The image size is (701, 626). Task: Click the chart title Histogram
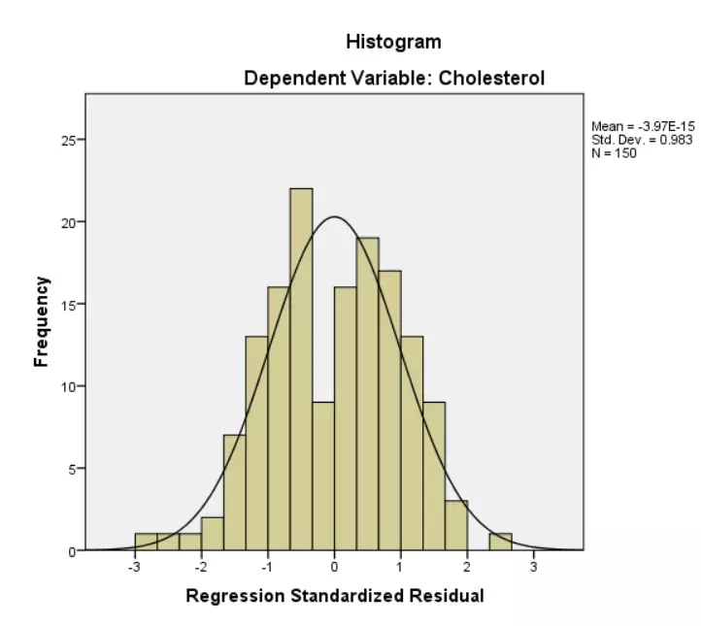point(393,42)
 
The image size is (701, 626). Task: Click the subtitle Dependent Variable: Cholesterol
point(393,78)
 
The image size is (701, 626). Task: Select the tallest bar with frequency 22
point(301,369)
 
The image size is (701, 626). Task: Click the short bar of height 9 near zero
point(323,476)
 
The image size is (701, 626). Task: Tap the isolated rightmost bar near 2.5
point(501,542)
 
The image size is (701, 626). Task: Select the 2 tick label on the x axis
point(467,567)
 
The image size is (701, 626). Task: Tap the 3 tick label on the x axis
point(534,567)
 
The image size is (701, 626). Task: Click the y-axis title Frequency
point(41,321)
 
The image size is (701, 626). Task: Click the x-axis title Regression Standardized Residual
point(334,595)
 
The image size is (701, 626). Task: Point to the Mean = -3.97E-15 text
point(642,127)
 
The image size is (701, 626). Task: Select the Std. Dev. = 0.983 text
point(642,140)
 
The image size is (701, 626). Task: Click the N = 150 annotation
point(614,152)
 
